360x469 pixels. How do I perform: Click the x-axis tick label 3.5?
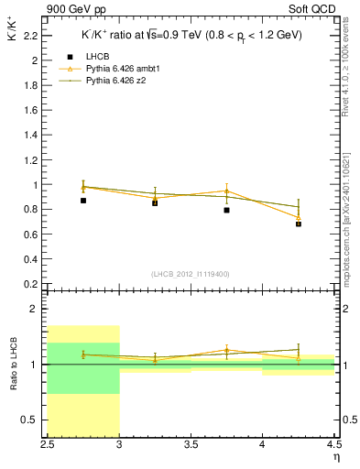pos(191,445)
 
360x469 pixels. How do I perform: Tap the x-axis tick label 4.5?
pos(333,445)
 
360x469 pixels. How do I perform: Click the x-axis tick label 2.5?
pos(48,445)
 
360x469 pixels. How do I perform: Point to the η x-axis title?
pos(335,456)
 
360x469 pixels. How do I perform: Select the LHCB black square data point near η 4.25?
pos(298,224)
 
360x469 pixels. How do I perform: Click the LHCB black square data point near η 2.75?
pos(83,200)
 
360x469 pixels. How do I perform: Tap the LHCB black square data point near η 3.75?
pos(226,210)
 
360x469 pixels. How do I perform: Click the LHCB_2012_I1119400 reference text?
pos(191,274)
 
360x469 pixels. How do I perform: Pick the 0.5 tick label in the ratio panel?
pos(32,420)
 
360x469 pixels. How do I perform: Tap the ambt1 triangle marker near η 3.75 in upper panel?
pos(226,191)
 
